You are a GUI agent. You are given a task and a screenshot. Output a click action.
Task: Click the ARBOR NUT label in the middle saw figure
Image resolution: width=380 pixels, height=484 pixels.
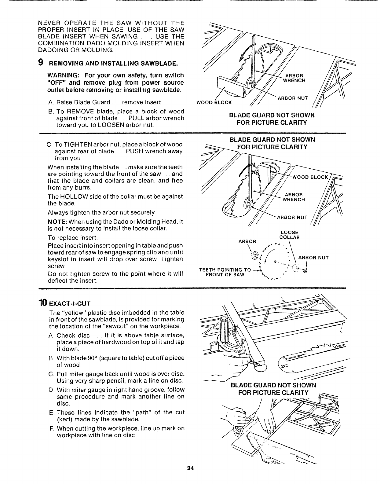[x=292, y=218]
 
